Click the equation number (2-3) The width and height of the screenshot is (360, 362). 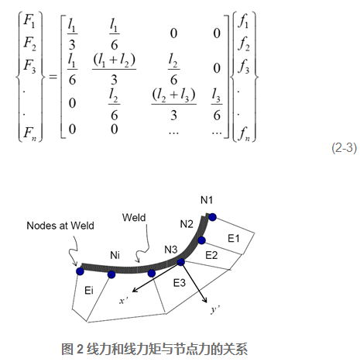(x=345, y=148)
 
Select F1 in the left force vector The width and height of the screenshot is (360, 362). (x=29, y=20)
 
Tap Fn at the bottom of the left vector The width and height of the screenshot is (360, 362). (x=29, y=133)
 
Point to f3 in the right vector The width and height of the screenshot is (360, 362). (x=244, y=66)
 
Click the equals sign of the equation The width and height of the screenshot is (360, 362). (x=53, y=77)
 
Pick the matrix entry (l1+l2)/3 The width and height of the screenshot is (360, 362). (x=114, y=70)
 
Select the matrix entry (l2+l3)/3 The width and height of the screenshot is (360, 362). (x=173, y=105)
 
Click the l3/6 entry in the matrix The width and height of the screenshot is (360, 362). (x=217, y=105)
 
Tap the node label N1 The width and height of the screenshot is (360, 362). (x=207, y=200)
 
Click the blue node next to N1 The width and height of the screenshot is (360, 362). (x=212, y=217)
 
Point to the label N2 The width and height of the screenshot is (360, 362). (x=187, y=224)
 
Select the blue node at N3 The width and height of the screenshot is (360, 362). (x=181, y=262)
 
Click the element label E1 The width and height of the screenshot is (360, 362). (x=234, y=238)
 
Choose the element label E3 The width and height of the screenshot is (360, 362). (x=180, y=283)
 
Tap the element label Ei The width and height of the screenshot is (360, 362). (x=89, y=291)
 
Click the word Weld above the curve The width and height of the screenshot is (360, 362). (x=134, y=217)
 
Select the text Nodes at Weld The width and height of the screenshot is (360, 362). (x=60, y=226)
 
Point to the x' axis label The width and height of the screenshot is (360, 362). (x=124, y=301)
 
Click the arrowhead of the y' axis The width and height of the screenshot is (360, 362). (x=205, y=300)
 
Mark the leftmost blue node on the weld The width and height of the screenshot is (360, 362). (x=80, y=271)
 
